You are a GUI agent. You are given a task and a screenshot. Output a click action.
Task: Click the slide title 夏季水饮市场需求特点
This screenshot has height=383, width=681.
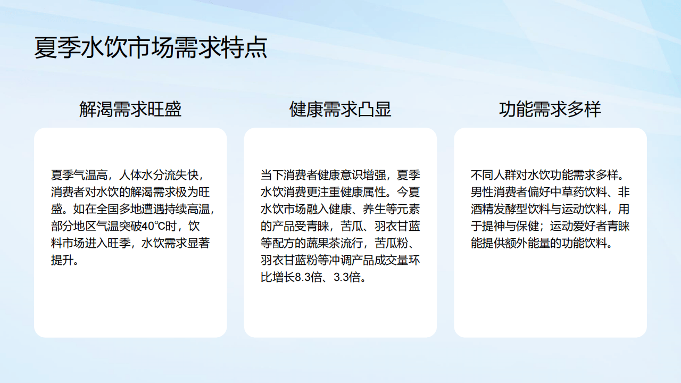[x=151, y=48]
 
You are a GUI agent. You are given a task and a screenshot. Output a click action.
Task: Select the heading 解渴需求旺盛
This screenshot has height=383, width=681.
[x=130, y=109]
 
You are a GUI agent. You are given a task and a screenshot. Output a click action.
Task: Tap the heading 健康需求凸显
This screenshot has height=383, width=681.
[x=340, y=109]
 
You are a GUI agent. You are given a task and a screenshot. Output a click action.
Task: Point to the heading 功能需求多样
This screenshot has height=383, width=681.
[x=550, y=109]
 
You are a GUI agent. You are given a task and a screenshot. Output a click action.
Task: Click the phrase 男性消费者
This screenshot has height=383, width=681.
[x=496, y=192]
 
